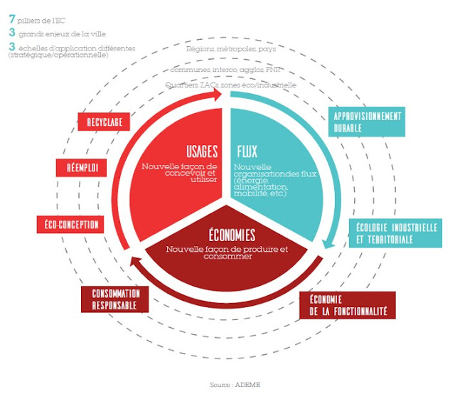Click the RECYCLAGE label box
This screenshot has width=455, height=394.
pos(105,122)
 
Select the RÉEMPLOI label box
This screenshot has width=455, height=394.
pos(82,168)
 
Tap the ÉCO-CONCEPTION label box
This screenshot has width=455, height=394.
pos(68,225)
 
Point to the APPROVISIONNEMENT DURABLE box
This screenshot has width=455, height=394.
pos(366,122)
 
